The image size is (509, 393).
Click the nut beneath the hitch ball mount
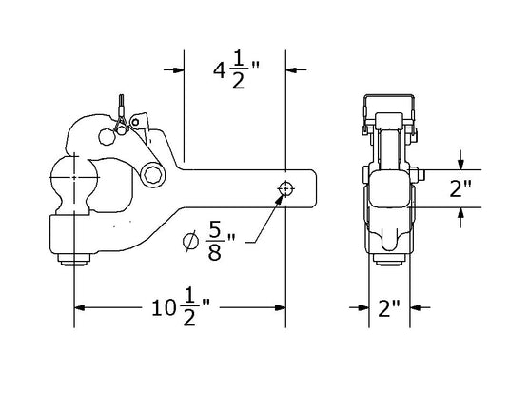point(75,260)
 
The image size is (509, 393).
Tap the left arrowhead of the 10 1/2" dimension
point(81,307)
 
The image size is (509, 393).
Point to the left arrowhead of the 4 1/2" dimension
point(178,69)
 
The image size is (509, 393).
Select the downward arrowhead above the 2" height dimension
point(460,164)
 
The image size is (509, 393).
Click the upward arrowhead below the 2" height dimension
point(460,213)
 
